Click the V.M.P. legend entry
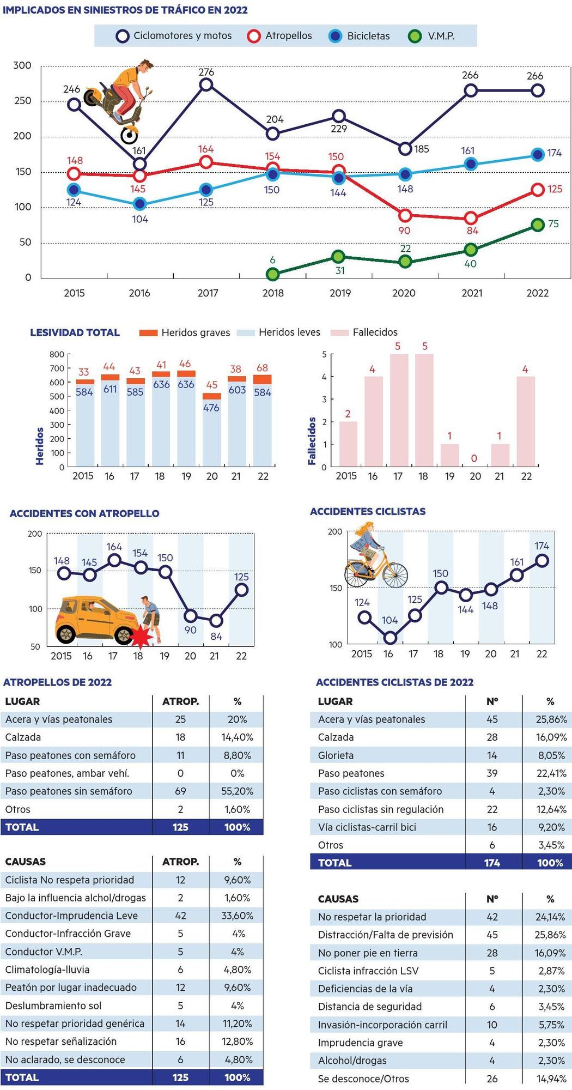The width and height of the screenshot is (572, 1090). pos(431,36)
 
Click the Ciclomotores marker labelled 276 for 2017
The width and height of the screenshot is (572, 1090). pos(206,84)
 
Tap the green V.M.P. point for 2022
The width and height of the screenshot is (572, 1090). pos(538,225)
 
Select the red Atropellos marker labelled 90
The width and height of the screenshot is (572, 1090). pos(404,215)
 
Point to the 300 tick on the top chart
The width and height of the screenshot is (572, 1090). pos(22,65)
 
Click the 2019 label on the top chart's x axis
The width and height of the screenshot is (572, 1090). pos(340,293)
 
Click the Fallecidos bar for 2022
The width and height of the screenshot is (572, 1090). pos(526,421)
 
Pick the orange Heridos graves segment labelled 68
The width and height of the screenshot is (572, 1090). pos(263,379)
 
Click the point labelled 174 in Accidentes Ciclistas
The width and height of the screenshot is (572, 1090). pos(542,560)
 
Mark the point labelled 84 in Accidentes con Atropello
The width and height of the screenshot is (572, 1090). pos(216,620)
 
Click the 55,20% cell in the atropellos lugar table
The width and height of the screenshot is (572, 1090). pos(237,791)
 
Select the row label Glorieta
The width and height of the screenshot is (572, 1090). pos(336,755)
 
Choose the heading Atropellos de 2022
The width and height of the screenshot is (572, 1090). pos(58,682)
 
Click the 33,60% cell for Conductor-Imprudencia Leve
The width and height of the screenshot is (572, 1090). pos(237,916)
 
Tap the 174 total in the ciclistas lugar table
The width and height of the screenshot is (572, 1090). pos(492,863)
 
